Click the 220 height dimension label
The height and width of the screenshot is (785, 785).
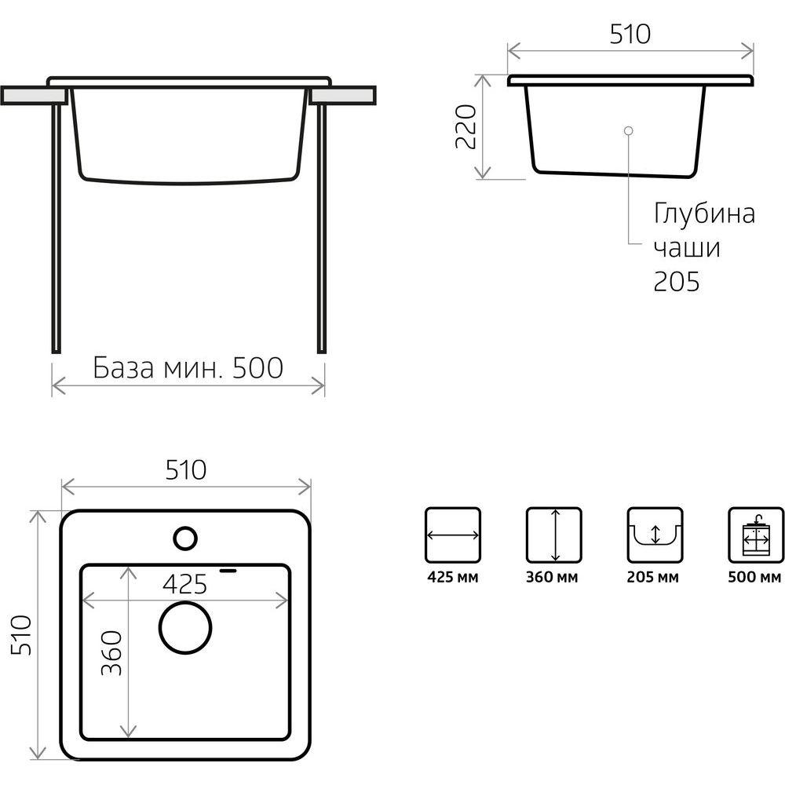466,126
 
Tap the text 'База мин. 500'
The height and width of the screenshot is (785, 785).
188,368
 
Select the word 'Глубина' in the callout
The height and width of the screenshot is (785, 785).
704,214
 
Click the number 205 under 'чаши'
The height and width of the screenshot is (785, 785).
676,281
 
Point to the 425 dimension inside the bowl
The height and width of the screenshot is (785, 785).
184,584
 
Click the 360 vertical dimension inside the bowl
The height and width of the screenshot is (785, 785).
111,652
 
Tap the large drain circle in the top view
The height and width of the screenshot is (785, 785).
185,628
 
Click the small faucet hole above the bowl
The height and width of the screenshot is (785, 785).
185,539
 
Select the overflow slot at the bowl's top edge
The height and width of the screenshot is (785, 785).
228,570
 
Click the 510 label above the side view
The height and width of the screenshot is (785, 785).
630,34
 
